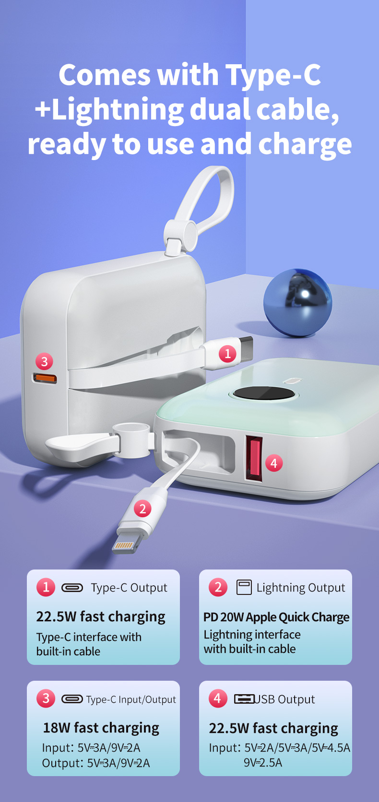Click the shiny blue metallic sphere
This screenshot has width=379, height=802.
298,303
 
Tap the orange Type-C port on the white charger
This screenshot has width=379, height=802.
45,378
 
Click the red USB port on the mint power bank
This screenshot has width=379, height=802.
254,459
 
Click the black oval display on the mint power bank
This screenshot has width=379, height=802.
264,393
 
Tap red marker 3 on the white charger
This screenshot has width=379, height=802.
45,361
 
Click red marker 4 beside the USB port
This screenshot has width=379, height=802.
274,463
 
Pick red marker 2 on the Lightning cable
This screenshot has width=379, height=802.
142,509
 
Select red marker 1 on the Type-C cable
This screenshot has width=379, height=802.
227,354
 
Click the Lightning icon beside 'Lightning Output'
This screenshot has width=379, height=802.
244,587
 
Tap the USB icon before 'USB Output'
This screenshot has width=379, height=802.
244,699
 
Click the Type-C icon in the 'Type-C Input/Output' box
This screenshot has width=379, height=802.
72,699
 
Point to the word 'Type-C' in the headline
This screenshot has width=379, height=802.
273,75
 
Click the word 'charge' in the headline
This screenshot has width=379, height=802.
305,144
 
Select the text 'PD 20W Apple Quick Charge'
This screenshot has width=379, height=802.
276,617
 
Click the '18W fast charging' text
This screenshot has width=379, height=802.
101,728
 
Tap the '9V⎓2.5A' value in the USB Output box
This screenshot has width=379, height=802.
263,763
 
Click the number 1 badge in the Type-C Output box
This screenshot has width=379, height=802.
46,587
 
